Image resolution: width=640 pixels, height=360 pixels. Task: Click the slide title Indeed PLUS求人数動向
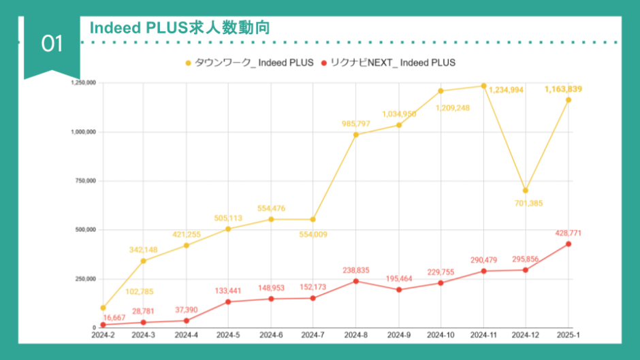180,28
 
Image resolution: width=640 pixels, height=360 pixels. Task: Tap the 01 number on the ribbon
52,44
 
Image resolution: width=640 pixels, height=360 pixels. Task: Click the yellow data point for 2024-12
526,191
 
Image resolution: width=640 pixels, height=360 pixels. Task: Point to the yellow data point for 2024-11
483,86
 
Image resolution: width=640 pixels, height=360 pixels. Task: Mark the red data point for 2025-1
569,244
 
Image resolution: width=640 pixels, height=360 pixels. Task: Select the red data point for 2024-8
355,281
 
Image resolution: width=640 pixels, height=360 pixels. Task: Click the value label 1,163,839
563,89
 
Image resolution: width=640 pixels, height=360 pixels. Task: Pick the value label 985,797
356,123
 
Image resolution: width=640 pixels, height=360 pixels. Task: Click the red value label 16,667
117,318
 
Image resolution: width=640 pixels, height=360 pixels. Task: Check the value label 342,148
144,250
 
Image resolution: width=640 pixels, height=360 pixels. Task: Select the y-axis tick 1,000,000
82,132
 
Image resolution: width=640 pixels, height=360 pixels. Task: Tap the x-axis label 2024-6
271,335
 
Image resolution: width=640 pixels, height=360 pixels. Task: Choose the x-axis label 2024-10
441,335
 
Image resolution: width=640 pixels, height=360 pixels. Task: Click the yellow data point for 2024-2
103,308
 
